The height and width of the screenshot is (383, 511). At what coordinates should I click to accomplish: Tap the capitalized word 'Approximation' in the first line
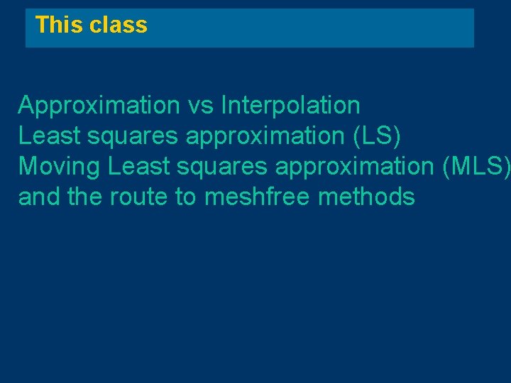pos(99,106)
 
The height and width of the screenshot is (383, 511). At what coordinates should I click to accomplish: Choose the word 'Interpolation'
pos(291,106)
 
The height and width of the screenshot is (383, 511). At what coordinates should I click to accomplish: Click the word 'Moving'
pos(60,167)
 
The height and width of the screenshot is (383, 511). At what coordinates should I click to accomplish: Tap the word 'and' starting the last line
pos(39,196)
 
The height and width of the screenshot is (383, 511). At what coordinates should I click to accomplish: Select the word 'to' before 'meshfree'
pos(185,197)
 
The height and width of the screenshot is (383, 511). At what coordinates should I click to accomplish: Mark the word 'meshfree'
pos(258,196)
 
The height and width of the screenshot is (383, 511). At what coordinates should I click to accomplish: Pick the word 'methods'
pos(367,196)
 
